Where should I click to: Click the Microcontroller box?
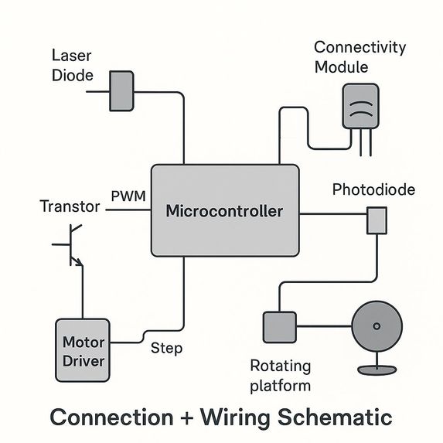point(225,210)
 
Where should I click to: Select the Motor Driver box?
point(83,350)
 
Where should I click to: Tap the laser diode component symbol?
point(121,91)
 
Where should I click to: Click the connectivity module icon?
point(360,106)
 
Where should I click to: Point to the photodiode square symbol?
point(377,220)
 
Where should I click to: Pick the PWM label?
point(128,196)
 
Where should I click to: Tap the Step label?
point(166,349)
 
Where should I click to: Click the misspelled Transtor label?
point(70,206)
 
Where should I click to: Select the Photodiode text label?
point(373,189)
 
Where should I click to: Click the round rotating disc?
point(377,326)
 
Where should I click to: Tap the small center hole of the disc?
point(377,326)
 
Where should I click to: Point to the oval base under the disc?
point(377,370)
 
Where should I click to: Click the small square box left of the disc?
point(280,327)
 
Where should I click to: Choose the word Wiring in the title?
point(235,417)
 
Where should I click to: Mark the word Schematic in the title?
point(335,417)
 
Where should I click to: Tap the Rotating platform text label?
point(281,376)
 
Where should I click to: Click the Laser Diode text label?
point(73,66)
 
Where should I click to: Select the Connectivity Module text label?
point(360,57)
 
